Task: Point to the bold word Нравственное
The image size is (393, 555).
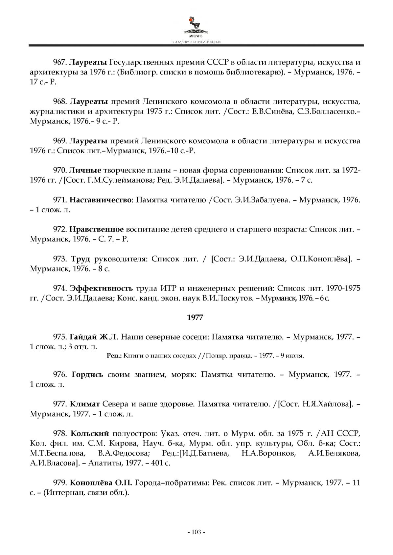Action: pos(97,229)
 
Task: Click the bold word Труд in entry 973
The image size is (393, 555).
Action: pos(81,259)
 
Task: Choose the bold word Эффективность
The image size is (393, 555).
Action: pos(101,288)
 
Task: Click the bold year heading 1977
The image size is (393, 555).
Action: pos(195,317)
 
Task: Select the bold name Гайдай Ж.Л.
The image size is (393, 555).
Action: pos(93,337)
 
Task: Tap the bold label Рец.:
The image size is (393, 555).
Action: pos(114,356)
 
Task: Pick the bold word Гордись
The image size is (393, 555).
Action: pos(87,374)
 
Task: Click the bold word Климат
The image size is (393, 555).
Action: pos(85,404)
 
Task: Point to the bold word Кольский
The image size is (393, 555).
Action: pos(90,433)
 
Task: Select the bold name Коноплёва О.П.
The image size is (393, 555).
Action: pos(101,483)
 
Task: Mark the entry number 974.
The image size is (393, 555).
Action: pos(60,288)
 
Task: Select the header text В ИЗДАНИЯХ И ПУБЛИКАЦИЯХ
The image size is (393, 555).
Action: pos(196,42)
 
